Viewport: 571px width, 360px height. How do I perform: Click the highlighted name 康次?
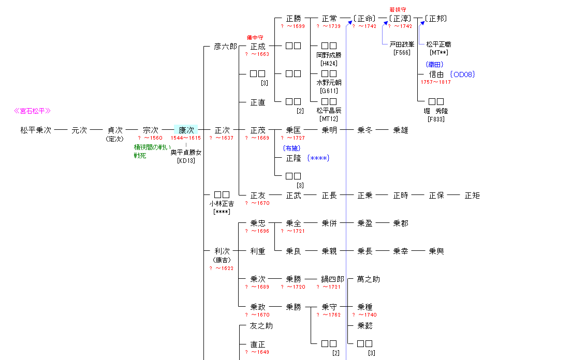(186, 130)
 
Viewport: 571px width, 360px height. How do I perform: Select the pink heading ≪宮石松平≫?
(32, 111)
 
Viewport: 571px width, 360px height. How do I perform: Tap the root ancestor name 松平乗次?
(36, 130)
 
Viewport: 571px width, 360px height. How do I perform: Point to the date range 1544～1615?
(186, 138)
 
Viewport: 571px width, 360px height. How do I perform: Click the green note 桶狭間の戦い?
(152, 147)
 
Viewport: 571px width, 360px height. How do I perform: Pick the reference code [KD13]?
(186, 160)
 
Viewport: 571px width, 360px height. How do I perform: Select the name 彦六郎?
(225, 47)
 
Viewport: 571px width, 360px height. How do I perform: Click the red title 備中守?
(255, 38)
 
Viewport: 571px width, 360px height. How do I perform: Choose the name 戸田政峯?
(402, 44)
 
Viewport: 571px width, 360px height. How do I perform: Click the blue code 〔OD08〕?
(462, 74)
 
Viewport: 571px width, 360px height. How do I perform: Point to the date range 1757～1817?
(435, 82)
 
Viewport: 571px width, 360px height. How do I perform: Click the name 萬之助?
(369, 279)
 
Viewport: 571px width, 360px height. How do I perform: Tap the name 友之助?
(261, 326)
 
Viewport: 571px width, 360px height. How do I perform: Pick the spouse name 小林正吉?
(222, 204)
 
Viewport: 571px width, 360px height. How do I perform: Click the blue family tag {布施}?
(292, 148)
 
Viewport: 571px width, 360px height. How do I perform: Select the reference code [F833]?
(436, 119)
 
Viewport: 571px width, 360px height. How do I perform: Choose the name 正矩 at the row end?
(472, 196)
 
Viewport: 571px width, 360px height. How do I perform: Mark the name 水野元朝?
(329, 82)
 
